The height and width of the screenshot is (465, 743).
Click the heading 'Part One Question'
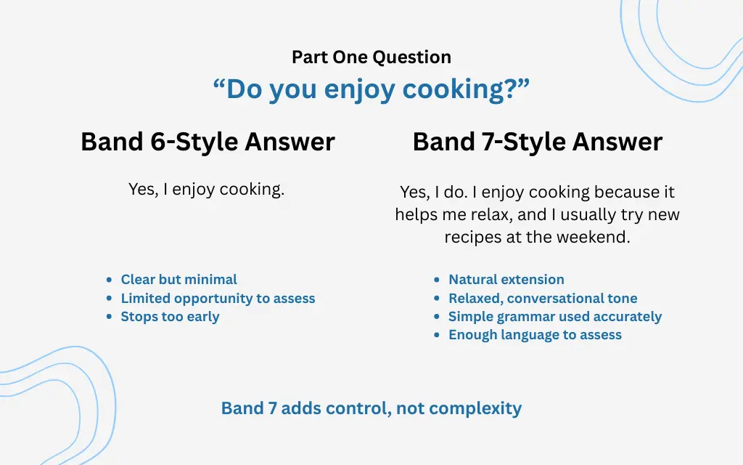click(371, 57)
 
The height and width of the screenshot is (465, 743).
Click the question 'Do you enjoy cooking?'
click(371, 89)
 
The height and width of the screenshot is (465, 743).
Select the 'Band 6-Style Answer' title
click(208, 142)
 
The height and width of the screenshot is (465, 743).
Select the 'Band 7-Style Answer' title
click(537, 142)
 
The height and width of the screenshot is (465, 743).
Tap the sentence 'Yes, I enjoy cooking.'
click(206, 190)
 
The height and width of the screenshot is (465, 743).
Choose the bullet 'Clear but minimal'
click(178, 280)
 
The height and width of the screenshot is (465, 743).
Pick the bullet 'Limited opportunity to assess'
click(218, 299)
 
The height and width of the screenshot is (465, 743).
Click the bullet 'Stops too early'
click(170, 317)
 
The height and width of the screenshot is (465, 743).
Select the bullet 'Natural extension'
click(506, 280)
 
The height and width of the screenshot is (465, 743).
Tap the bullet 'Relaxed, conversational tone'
click(543, 299)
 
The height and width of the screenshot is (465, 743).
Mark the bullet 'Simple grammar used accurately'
click(554, 317)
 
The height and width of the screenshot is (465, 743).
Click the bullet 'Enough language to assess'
click(535, 335)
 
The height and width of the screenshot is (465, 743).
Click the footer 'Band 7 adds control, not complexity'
click(371, 408)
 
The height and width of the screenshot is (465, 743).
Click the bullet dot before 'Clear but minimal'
click(109, 280)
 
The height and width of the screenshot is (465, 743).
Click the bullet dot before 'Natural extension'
click(437, 280)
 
